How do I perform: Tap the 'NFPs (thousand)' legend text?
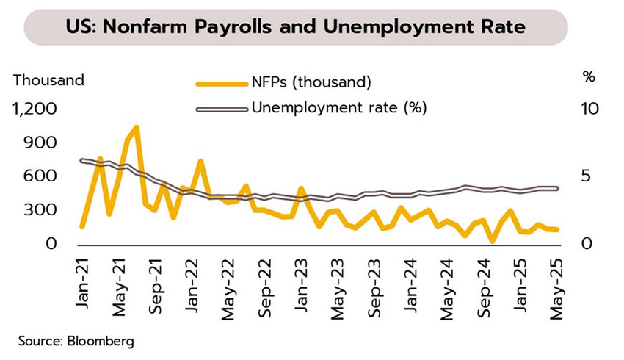click(312, 80)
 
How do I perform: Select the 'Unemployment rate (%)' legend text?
click(339, 108)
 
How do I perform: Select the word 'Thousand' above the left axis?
click(49, 79)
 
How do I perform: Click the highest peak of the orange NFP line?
click(137, 128)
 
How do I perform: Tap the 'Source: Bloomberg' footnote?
click(73, 341)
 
